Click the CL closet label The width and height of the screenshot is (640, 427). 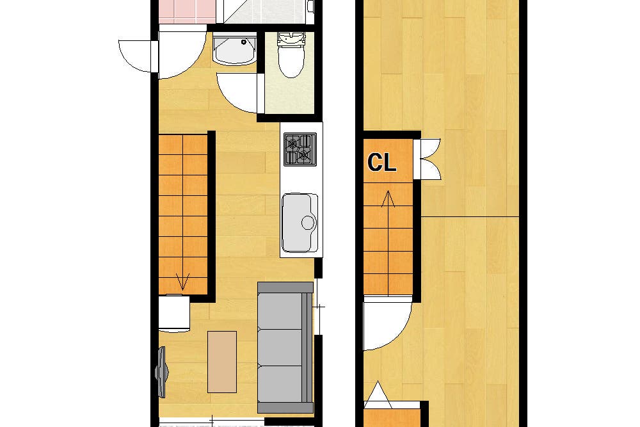pos(381,162)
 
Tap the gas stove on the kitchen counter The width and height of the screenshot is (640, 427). pos(300,149)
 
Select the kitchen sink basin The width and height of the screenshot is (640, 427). pos(300,223)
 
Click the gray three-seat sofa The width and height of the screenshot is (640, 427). pos(285,348)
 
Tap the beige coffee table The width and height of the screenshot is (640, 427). pos(222,362)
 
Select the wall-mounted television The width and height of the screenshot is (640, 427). pos(162,372)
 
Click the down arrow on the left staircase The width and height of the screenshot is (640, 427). pos(182,282)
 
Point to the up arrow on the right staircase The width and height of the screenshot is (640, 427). pos(388,199)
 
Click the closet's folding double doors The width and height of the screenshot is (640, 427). pos(428,159)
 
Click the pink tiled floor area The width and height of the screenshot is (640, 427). pos(187,12)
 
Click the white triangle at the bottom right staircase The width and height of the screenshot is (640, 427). pos(378,395)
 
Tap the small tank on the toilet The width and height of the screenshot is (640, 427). pos(291,38)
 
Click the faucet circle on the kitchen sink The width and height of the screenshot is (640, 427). pos(308,223)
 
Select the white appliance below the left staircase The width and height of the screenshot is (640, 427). pos(174,313)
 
